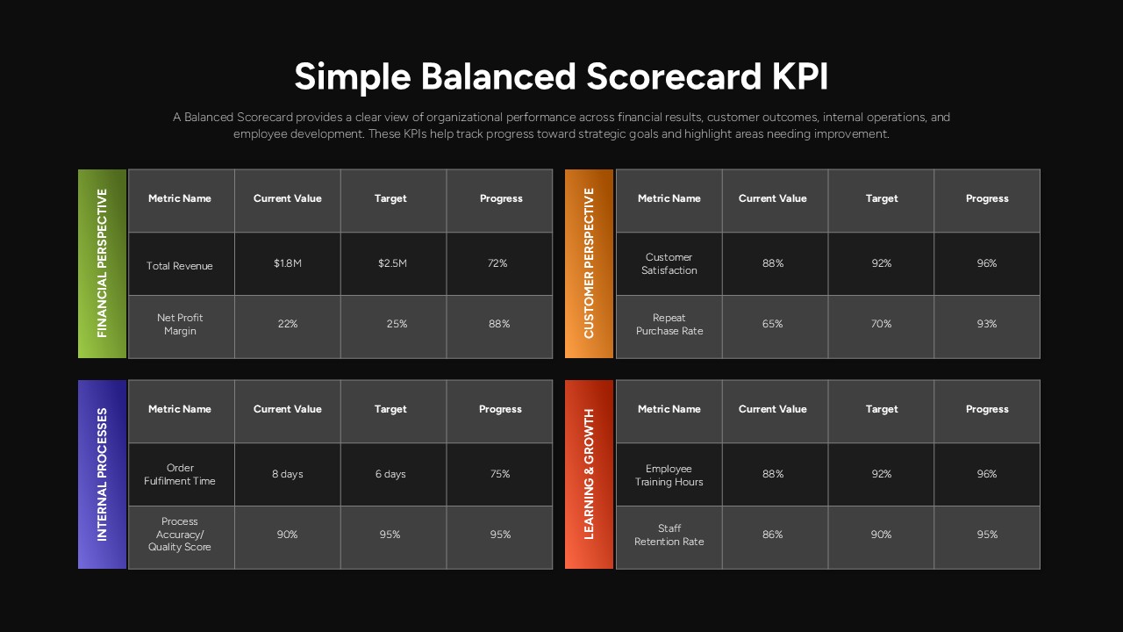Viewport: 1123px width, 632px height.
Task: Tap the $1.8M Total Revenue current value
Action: pos(287,263)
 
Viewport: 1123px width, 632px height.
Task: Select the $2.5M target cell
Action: pos(392,263)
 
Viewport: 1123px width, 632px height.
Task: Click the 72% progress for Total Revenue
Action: pos(497,263)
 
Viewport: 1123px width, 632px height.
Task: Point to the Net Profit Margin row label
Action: pos(180,325)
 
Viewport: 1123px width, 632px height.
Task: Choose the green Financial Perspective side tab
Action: pos(103,263)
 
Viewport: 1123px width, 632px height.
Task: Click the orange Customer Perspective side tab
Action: pos(589,263)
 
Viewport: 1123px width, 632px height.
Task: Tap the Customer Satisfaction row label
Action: pos(669,264)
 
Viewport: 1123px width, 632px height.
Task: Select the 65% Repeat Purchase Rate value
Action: pos(772,324)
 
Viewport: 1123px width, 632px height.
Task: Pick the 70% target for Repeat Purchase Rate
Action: pos(881,324)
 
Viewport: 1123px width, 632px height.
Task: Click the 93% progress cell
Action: pos(986,324)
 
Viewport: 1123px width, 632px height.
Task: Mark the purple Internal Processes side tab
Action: pos(103,474)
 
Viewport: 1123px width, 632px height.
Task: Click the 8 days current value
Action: pos(287,474)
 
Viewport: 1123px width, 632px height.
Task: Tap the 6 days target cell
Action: pos(390,474)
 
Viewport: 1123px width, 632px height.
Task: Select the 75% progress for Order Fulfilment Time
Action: pos(500,474)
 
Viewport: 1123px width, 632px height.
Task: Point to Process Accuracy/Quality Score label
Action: pos(180,535)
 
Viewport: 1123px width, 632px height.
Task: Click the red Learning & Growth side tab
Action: pos(589,474)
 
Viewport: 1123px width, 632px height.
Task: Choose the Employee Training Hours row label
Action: pos(669,475)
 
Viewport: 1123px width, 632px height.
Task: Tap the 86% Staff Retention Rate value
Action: pos(772,535)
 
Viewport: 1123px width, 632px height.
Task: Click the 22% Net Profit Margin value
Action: pos(287,324)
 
